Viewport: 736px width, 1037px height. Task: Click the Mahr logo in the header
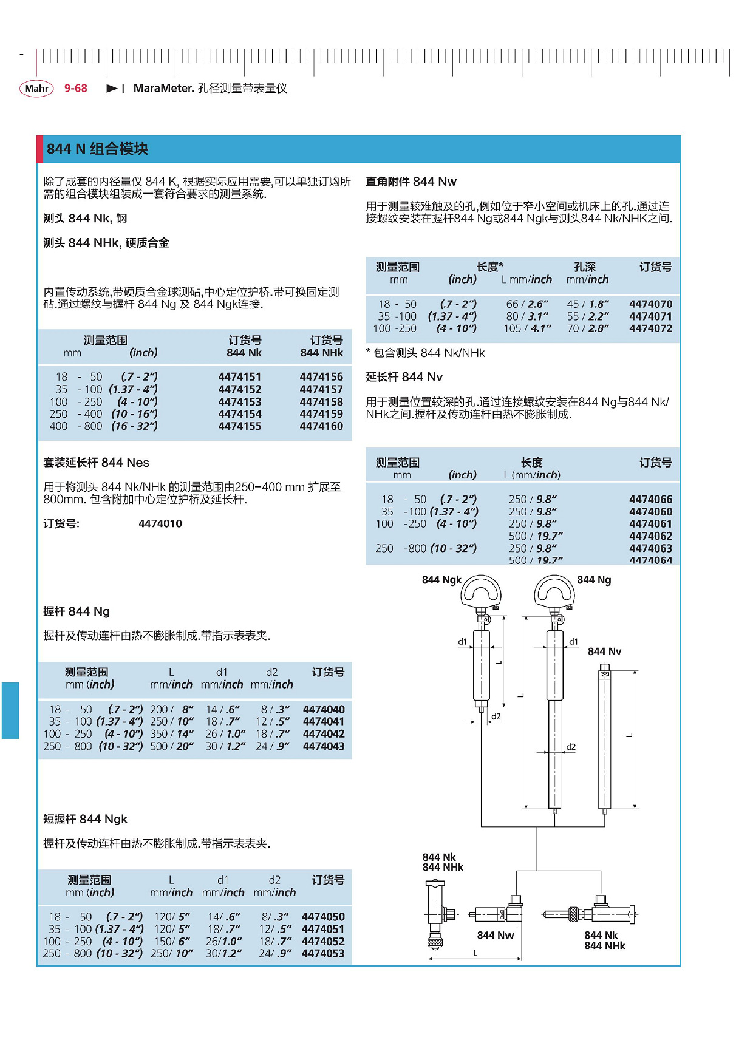point(36,89)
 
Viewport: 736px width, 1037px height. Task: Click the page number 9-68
point(76,89)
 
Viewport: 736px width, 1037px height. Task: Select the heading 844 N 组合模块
point(97,149)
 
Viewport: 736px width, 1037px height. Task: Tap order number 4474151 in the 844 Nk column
point(240,377)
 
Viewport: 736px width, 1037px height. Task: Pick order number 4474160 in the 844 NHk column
point(321,426)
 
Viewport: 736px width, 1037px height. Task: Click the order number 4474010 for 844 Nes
point(160,524)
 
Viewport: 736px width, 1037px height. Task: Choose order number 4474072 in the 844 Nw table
point(650,328)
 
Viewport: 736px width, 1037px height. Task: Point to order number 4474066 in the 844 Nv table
point(650,500)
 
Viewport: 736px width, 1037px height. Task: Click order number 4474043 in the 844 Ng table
point(324,746)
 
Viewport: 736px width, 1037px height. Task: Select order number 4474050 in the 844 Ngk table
point(323,917)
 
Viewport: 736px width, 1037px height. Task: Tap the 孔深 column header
point(585,267)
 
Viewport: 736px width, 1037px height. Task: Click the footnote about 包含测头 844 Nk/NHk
point(426,353)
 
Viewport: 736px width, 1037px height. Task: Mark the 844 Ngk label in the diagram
point(441,580)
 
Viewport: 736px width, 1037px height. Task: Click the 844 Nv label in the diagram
point(604,651)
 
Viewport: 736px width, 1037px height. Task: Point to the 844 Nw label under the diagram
point(496,935)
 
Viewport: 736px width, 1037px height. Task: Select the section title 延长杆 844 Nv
point(404,377)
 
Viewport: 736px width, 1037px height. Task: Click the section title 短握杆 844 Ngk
point(86,819)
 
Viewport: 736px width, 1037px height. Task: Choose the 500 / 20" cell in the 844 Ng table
point(172,746)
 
